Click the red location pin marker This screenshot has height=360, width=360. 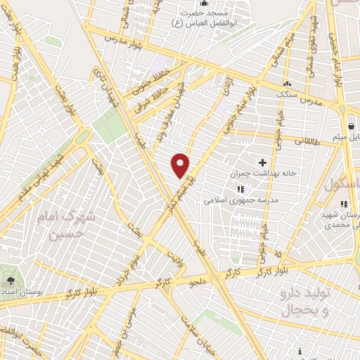click(181, 165)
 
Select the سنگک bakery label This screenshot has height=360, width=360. click(287, 94)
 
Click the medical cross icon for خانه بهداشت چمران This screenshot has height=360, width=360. click(262, 162)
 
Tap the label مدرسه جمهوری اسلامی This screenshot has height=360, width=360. click(242, 200)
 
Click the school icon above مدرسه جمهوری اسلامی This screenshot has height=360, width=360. click(240, 188)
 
